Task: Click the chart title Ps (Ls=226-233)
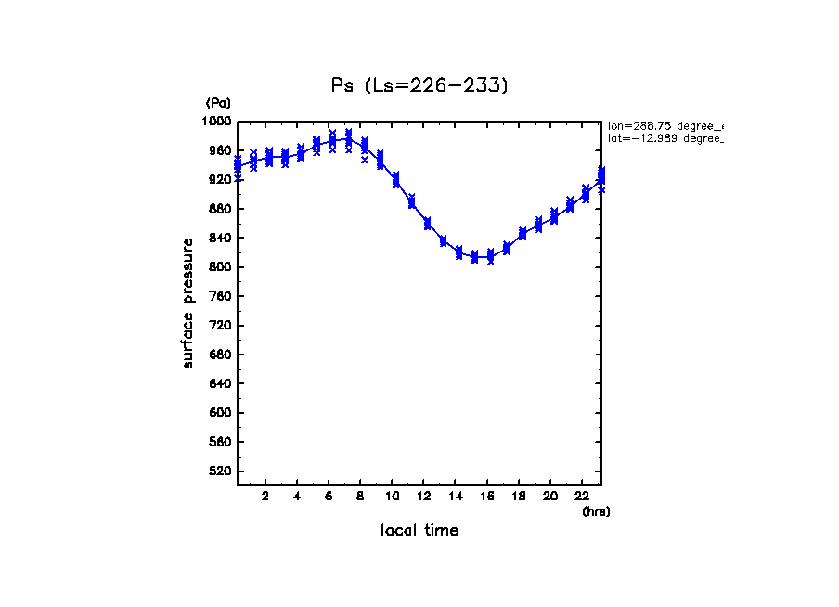tap(419, 85)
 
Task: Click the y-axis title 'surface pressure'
tap(188, 303)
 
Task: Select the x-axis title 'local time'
tap(419, 530)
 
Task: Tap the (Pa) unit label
tap(218, 103)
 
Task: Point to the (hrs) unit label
tap(596, 511)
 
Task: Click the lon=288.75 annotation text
tap(665, 124)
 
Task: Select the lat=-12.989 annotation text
tap(665, 137)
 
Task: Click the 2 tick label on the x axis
tap(265, 496)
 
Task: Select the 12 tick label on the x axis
tap(422, 496)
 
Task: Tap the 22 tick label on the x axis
tap(582, 496)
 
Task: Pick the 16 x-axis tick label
tap(486, 496)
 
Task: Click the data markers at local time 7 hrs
tap(348, 139)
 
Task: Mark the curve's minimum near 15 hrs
tap(474, 257)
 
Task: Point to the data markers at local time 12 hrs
tap(427, 223)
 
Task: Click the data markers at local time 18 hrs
tap(523, 233)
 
